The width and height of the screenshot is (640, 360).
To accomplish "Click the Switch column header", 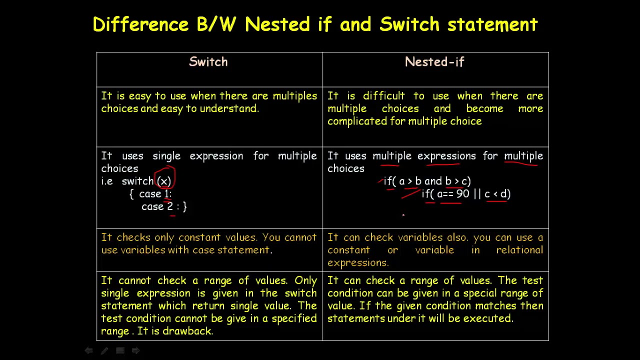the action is tap(208, 61).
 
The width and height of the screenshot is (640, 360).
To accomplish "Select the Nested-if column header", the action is tap(434, 61).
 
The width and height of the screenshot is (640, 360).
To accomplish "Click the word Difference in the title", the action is tap(140, 24).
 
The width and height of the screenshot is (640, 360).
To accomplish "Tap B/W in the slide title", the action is tap(216, 24).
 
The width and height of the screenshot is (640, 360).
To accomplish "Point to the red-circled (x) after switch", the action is tap(164, 181).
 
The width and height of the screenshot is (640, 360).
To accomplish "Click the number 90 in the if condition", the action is tap(463, 193).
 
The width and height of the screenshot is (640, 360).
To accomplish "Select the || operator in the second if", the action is tap(477, 193).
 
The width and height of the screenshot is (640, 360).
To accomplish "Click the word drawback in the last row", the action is tap(187, 331).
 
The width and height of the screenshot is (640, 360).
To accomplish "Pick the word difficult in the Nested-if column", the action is tap(383, 95).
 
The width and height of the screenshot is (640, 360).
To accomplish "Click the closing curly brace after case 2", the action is tap(184, 206).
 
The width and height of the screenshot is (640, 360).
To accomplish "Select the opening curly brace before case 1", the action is tap(131, 193).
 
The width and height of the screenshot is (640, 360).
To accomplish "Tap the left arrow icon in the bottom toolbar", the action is tap(88, 350).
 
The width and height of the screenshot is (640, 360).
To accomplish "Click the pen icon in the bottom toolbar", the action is tap(104, 350).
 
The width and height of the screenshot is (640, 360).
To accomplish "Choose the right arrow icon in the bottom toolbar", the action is tap(135, 350).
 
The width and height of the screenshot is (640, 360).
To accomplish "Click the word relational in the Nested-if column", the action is tap(519, 250).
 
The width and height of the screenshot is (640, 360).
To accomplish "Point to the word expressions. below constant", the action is tap(358, 263).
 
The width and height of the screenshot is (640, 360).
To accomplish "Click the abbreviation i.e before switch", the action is tap(107, 181).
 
